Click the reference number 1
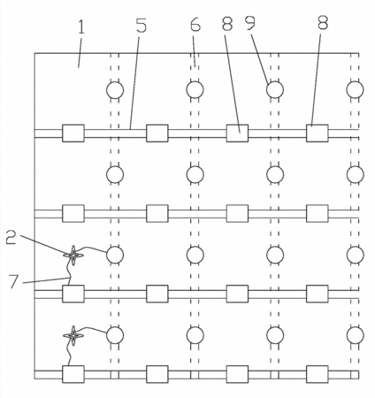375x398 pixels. click(80, 27)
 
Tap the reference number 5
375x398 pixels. click(142, 25)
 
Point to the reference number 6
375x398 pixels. click(195, 24)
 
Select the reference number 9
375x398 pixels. click(250, 23)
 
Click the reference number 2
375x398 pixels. click(11, 238)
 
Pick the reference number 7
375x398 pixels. click(14, 282)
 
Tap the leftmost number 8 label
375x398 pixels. click(227, 24)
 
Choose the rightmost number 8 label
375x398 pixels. click(323, 22)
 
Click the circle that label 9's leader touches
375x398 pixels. click(275, 89)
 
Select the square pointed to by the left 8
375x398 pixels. click(237, 133)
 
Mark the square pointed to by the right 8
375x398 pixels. click(318, 133)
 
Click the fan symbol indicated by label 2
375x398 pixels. click(73, 255)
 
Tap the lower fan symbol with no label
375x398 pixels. click(73, 335)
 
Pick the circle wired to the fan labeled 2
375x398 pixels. click(115, 255)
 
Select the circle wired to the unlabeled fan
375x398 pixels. click(115, 335)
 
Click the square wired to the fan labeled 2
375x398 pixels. click(73, 294)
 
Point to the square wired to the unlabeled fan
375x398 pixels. click(73, 374)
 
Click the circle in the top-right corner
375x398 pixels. click(355, 89)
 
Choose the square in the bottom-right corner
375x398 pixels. click(318, 374)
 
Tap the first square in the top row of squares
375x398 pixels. click(73, 133)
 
